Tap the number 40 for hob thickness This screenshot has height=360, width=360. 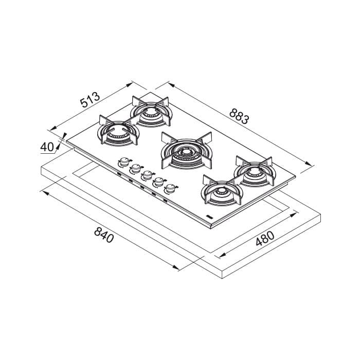(x=47, y=147)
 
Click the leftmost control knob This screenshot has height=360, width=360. (x=123, y=161)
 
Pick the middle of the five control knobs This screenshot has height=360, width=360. (x=147, y=174)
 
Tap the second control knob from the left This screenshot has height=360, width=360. (x=135, y=168)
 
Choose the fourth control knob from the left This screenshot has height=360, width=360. (x=158, y=181)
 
